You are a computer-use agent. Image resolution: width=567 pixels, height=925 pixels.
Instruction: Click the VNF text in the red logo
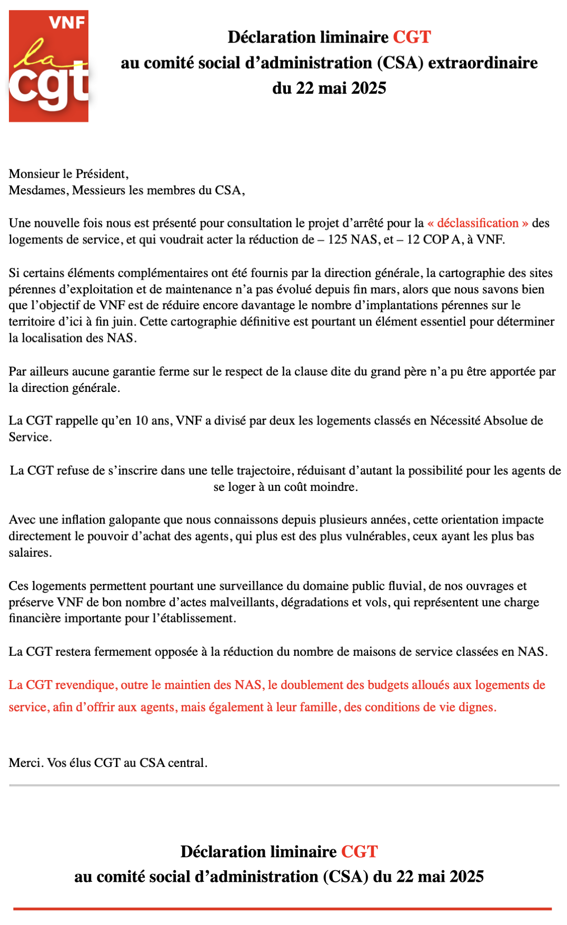pos(67,22)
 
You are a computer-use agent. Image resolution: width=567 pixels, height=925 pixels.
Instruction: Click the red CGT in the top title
pos(412,37)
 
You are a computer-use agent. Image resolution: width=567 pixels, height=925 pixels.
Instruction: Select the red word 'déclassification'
pos(478,223)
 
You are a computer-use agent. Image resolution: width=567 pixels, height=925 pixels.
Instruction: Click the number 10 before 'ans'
pos(142,420)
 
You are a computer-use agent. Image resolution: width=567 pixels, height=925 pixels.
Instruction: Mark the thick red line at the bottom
pos(283,909)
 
